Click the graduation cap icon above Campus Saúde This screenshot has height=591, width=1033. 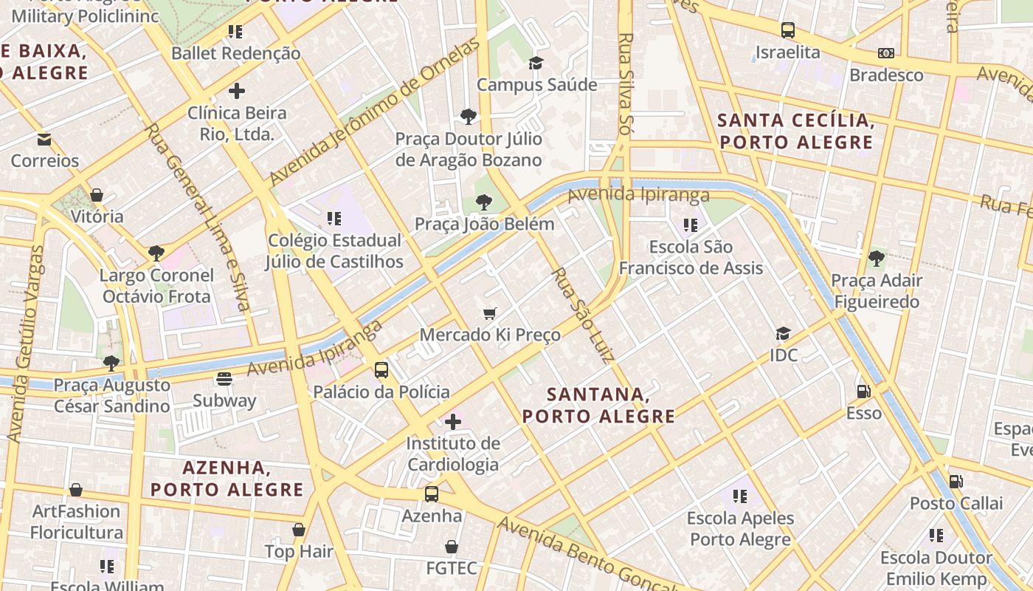(536, 63)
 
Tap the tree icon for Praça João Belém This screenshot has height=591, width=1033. (484, 202)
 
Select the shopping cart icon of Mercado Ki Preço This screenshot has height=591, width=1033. (489, 313)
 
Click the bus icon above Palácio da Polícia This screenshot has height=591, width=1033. (381, 370)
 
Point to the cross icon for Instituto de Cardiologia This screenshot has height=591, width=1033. (453, 422)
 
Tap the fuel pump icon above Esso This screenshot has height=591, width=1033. (863, 391)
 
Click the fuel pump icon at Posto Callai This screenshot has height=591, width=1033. (956, 482)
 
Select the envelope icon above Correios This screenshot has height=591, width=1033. (44, 139)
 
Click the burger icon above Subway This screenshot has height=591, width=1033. (224, 379)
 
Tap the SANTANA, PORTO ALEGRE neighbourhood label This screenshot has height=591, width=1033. (598, 406)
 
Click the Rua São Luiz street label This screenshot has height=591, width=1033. (583, 315)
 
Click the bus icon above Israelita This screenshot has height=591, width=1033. (788, 30)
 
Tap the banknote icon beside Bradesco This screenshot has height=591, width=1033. (885, 53)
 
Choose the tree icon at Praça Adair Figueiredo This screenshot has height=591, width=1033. (876, 259)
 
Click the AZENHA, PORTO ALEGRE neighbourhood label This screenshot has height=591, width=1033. (227, 478)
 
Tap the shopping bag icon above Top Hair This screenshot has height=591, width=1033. (299, 530)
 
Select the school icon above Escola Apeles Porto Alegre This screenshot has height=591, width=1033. (740, 496)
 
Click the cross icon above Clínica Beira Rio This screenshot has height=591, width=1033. (237, 91)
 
